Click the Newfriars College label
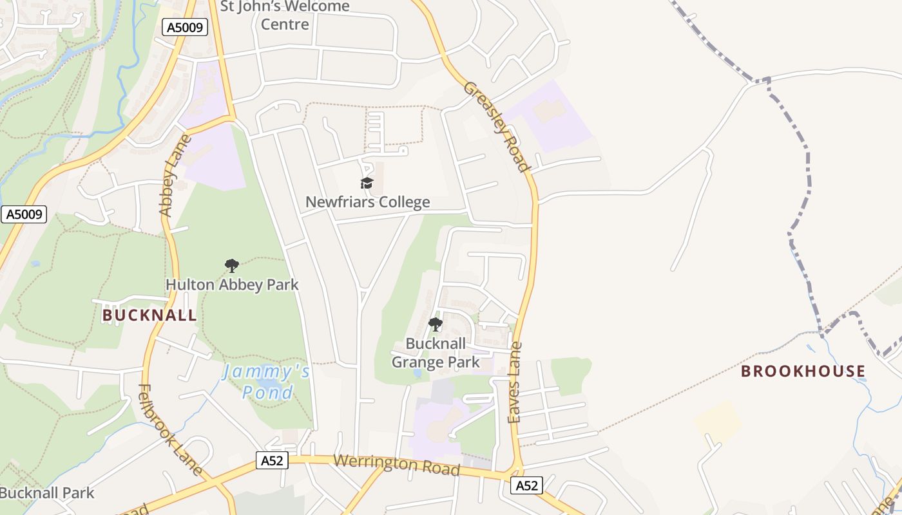point(367,202)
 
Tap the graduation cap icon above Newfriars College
point(367,183)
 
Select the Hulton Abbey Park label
point(232,285)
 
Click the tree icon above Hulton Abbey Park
point(232,265)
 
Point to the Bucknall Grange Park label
point(436,353)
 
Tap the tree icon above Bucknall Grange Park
point(436,324)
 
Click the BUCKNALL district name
point(149,315)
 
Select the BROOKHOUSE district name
point(803,371)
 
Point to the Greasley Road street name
point(497,126)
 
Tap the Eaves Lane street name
point(515,383)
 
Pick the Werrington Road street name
point(397,465)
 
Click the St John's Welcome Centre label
point(285,15)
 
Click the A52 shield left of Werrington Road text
point(271,460)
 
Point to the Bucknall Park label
point(47,494)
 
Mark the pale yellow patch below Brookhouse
point(717,422)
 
